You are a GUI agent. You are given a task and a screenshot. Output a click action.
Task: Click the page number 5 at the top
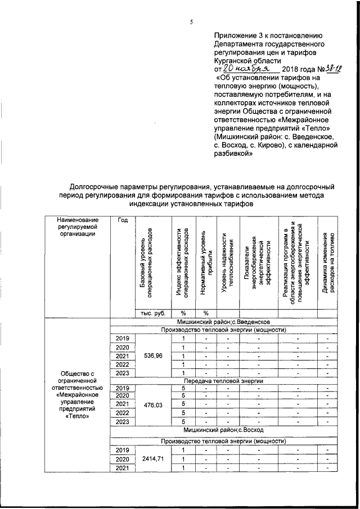pos(191,22)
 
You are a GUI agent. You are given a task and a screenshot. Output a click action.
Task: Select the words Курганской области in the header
pos(245,58)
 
